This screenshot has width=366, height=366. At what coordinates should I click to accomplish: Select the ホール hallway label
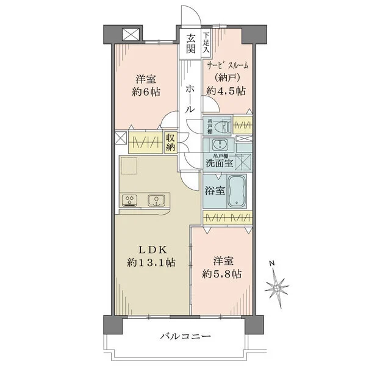(x=190, y=98)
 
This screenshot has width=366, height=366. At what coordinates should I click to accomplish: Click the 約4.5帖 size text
(x=225, y=91)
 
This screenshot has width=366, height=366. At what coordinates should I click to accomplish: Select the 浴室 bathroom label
(x=213, y=190)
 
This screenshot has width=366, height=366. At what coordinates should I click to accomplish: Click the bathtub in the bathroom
(x=237, y=194)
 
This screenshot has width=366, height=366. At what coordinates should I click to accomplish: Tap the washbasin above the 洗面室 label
(x=218, y=145)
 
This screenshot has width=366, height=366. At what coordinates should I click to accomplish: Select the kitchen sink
(x=156, y=199)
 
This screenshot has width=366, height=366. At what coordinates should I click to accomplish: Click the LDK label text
(x=151, y=249)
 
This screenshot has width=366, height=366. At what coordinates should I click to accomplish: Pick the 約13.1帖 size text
(x=152, y=264)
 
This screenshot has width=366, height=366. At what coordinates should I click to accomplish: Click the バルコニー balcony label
(x=186, y=337)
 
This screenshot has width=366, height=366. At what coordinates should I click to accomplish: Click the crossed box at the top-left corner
(x=129, y=35)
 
